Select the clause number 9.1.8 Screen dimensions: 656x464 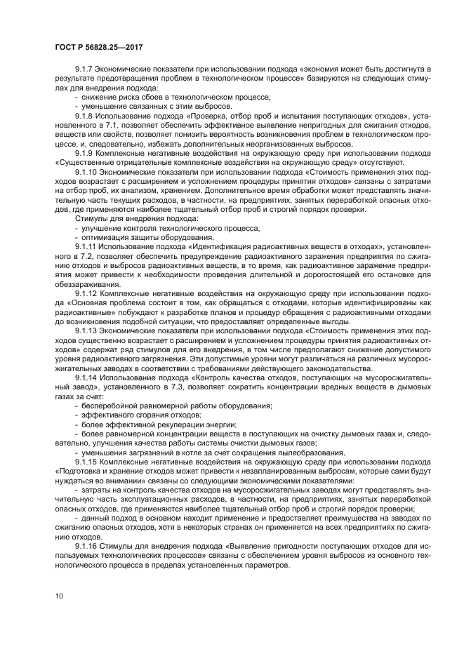pyautogui.click(x=85, y=113)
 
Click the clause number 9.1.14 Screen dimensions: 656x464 pyautogui.click(x=87, y=376)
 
